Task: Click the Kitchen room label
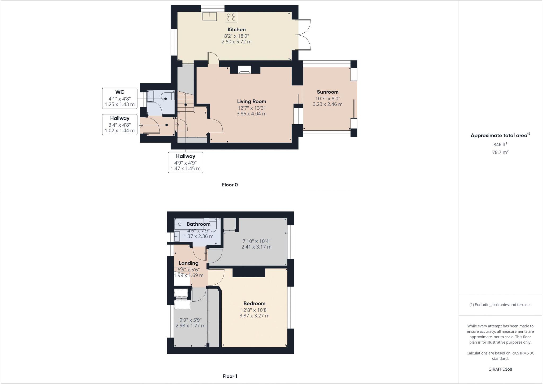click(237, 29)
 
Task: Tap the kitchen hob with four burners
click(231, 17)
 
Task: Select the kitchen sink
click(209, 16)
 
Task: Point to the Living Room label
click(251, 101)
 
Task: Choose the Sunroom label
click(327, 92)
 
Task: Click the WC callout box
click(120, 98)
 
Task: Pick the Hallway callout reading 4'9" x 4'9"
click(186, 162)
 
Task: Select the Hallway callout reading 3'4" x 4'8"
click(120, 124)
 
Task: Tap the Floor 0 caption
click(230, 185)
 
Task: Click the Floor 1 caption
click(230, 376)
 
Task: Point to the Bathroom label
click(198, 224)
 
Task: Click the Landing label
click(189, 263)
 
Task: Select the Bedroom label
click(254, 303)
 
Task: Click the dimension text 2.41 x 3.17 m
click(256, 247)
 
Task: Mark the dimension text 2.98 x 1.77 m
click(190, 326)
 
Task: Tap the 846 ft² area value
click(500, 144)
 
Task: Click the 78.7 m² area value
click(500, 152)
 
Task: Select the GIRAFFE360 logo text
click(500, 369)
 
